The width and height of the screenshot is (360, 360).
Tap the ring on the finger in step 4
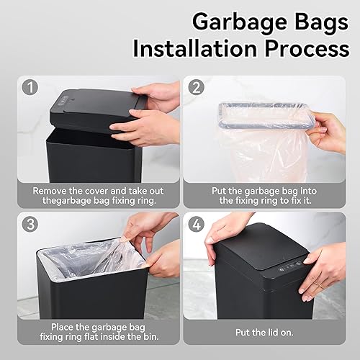tap(315, 285)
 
